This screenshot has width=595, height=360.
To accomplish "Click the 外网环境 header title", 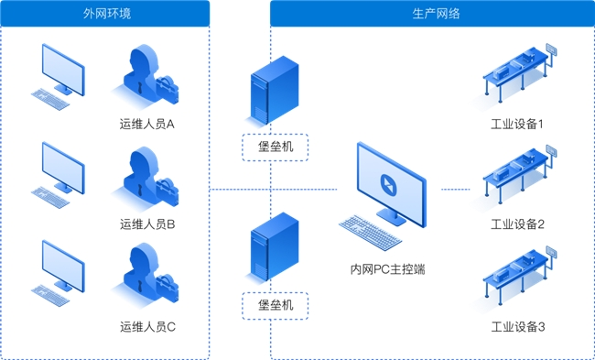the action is (x=107, y=14).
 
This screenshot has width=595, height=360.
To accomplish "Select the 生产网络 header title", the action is (x=436, y=14).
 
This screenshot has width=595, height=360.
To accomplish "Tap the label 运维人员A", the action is (x=147, y=124).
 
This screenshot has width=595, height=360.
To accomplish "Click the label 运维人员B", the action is (x=147, y=224).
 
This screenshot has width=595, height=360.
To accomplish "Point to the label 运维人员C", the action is (x=147, y=327).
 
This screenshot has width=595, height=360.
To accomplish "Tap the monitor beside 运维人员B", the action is (x=63, y=168).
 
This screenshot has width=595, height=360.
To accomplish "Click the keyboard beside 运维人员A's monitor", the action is (x=50, y=100).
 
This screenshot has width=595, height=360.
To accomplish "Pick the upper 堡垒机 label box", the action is (x=276, y=147).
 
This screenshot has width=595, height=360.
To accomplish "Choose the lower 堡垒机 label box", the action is (x=276, y=305).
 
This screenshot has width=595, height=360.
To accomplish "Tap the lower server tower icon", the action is (x=275, y=246).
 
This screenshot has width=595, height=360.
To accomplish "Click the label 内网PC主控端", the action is (x=387, y=269).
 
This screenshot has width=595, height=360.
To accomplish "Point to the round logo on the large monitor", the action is (x=391, y=184).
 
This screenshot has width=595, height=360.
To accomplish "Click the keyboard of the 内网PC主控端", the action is (x=370, y=232).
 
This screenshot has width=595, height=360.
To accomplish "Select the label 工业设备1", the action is (x=517, y=124).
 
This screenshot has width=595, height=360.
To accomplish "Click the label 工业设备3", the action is (x=518, y=327).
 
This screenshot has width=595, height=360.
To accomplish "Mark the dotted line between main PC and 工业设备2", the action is (x=455, y=189).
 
